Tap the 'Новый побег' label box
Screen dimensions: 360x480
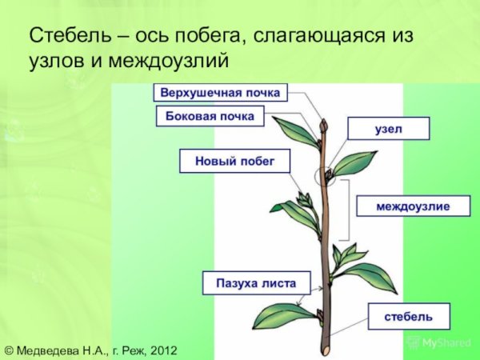(x=234, y=161)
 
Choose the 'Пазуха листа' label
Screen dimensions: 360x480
(x=250, y=282)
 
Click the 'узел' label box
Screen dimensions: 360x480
(x=388, y=129)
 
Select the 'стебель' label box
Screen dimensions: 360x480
(x=408, y=317)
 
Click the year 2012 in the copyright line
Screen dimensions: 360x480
(x=162, y=350)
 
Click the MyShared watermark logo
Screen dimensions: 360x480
(x=440, y=343)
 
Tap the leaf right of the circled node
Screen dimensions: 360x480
(x=354, y=163)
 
